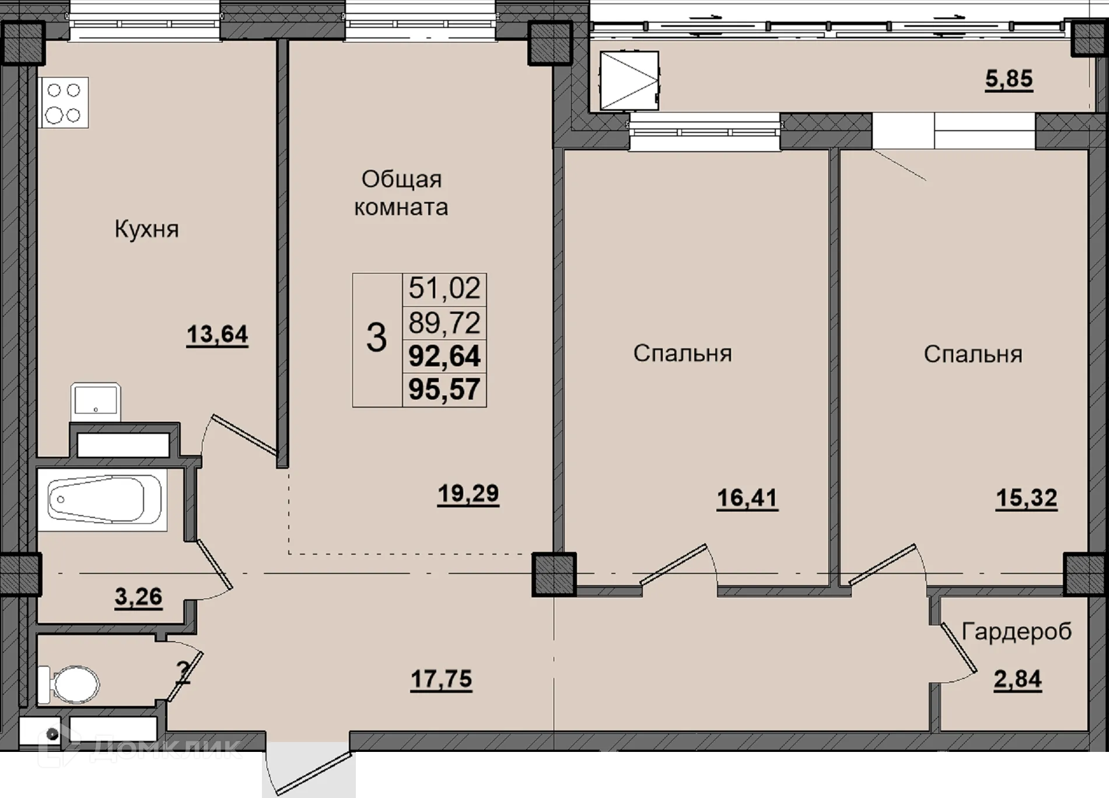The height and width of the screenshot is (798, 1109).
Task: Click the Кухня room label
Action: pos(146,229)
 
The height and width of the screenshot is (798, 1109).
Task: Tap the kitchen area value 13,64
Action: pos(217,335)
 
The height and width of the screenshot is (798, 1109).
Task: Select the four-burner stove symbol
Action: pos(64,103)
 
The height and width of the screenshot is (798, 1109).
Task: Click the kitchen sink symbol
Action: pos(96,402)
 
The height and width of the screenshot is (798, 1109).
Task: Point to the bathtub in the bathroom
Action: pos(102,499)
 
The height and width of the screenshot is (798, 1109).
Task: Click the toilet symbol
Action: pos(69,685)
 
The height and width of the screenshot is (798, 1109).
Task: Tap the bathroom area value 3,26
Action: pos(138,597)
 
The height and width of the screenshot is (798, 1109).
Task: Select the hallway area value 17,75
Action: pos(441,679)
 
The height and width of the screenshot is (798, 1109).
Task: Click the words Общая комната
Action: pos(401,193)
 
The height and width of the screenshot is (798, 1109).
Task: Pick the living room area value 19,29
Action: pos(468,494)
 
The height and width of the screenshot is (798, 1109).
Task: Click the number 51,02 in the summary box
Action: pos(445,288)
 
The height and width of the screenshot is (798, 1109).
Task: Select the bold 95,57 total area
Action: pos(445,389)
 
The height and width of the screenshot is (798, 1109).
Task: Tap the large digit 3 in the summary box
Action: pos(376,338)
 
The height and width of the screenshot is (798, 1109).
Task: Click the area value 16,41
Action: pos(747,499)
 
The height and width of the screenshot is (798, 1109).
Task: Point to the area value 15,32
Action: pos(1026,499)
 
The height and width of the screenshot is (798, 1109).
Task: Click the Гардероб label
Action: pos(1017,631)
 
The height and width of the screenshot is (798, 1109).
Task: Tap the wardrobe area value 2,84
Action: pos(1017,680)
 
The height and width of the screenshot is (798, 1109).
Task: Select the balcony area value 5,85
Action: pos(1009,79)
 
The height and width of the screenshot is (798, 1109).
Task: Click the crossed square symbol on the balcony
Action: pos(629,81)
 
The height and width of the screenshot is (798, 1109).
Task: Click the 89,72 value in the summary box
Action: pos(445,323)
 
